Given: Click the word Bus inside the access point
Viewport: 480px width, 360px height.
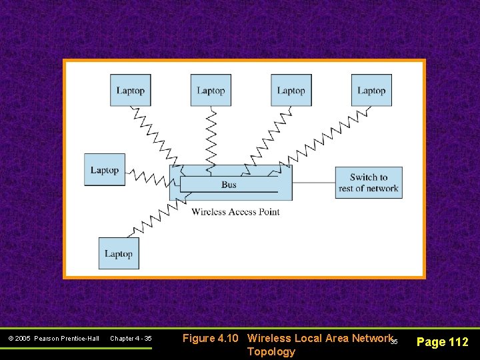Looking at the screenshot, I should click(229, 185).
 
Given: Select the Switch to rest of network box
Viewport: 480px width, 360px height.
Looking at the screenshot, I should click(368, 183).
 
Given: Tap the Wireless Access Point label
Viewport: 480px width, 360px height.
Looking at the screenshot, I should click(235, 212).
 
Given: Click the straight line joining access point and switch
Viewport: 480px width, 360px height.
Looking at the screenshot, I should click(313, 182).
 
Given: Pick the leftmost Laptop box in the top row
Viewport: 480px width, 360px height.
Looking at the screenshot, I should click(130, 91).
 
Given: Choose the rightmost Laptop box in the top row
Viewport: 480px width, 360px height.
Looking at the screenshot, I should click(371, 91).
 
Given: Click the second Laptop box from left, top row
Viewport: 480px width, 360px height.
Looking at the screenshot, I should click(211, 91).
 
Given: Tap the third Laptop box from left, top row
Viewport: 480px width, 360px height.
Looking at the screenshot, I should click(291, 91).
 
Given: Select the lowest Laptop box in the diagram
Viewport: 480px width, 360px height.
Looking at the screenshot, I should click(119, 253).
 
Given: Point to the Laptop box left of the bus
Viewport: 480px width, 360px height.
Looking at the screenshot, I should click(105, 170).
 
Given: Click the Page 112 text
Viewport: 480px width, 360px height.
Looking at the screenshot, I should click(442, 342).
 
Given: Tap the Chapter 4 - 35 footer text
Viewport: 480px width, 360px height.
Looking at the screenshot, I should click(131, 339).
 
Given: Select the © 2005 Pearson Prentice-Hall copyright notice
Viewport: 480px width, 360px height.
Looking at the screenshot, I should click(53, 339).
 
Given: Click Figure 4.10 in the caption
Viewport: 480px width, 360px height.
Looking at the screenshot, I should click(210, 338).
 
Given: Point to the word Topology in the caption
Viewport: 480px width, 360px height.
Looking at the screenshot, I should click(271, 351).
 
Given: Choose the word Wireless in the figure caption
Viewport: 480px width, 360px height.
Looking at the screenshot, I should click(269, 338).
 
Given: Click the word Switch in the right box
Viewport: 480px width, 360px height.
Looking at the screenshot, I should click(363, 177).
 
